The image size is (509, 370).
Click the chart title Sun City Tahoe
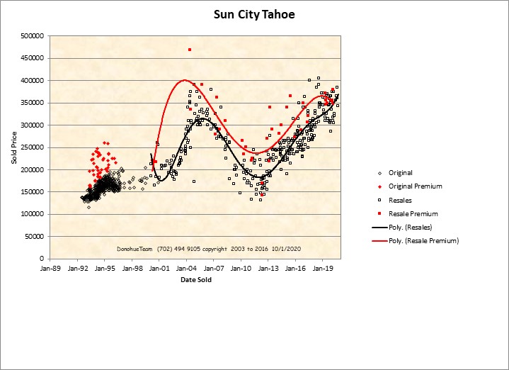pyautogui.click(x=254, y=14)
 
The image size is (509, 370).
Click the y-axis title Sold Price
pyautogui.click(x=14, y=147)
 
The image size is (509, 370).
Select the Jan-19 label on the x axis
pyautogui.click(x=323, y=269)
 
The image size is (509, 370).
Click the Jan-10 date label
pyautogui.click(x=241, y=269)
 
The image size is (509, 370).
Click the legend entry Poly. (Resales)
pyautogui.click(x=410, y=228)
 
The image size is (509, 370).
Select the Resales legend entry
pyautogui.click(x=401, y=200)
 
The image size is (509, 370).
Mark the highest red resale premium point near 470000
pyautogui.click(x=190, y=50)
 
